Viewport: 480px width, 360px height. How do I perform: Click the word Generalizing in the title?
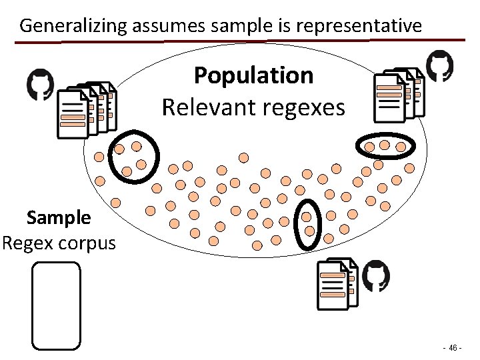73,26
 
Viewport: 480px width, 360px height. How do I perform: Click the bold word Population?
253,75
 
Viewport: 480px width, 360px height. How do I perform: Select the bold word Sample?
59,217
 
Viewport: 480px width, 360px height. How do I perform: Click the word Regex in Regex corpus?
27,242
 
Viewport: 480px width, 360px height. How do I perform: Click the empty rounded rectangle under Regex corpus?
56,305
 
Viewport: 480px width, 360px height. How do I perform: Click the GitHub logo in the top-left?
40,85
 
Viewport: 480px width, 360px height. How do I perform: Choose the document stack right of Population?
398,95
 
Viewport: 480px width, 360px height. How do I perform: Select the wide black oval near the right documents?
385,145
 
